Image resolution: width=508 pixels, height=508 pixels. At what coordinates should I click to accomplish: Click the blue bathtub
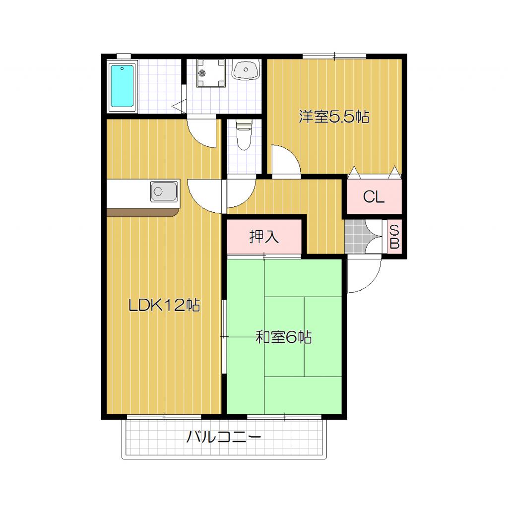pos(122,86)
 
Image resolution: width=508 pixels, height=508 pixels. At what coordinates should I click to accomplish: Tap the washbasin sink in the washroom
pos(246,70)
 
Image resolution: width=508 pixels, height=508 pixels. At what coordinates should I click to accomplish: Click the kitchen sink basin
pos(164,191)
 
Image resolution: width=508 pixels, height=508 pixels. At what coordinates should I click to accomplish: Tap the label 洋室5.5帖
pos(334,117)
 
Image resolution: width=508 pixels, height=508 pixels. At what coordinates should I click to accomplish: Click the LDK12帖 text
pos(164,305)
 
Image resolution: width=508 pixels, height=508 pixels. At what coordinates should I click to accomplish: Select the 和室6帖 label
pos(283,338)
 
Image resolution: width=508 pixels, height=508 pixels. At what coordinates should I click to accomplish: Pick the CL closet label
pos(374,197)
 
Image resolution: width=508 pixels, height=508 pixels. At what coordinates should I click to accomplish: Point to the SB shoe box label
pos(394,237)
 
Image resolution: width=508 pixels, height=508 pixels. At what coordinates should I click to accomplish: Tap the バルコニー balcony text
pos(224,438)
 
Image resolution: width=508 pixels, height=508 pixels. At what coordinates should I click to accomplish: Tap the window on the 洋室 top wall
pos(334,56)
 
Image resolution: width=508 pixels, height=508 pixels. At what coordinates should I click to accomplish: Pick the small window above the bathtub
pos(124,56)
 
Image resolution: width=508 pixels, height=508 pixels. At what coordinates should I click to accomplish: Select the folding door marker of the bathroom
pos(179,105)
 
